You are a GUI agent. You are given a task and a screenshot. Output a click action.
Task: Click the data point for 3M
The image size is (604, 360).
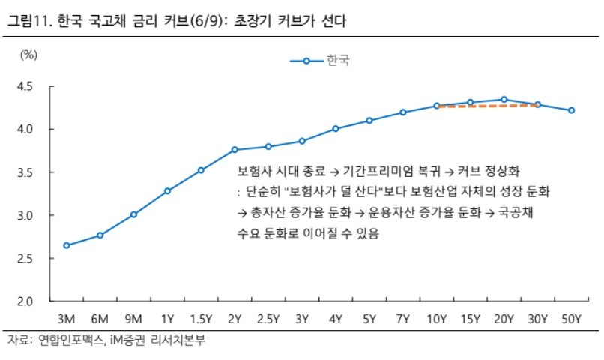pos(66,245)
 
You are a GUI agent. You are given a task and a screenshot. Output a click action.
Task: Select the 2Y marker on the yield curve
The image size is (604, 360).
pos(235,149)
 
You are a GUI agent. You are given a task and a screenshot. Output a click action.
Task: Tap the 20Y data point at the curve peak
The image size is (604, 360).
pos(504,100)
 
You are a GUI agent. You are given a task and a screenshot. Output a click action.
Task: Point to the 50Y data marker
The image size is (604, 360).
pos(571,110)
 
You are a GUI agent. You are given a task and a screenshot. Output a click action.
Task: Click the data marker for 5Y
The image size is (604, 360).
pos(369,121)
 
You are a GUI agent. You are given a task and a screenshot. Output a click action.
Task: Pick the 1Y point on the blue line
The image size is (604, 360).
pos(167,191)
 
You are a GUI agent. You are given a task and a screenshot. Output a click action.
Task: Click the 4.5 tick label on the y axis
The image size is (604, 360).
pos(25,86)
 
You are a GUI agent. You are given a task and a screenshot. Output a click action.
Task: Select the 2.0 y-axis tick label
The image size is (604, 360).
pos(25,301)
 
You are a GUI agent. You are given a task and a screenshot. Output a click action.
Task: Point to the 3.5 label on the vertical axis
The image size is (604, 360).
pos(25,172)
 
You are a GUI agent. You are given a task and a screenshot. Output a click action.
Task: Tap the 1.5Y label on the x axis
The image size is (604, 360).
pos(201,319)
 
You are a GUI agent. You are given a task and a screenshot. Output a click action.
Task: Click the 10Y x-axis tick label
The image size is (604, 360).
pos(436,319)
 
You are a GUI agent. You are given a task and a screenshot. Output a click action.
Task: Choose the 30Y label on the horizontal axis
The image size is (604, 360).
pos(537,319)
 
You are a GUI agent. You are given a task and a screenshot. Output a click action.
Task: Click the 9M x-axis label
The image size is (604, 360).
pos(133,319)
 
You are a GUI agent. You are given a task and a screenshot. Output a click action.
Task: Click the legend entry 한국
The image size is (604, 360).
pos(338,61)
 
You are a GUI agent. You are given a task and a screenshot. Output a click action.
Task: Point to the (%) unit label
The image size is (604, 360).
pos(28,55)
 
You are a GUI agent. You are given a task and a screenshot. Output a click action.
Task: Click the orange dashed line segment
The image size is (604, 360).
pos(487,106)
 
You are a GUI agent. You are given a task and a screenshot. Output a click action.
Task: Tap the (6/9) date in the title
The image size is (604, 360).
pos(207,21)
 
